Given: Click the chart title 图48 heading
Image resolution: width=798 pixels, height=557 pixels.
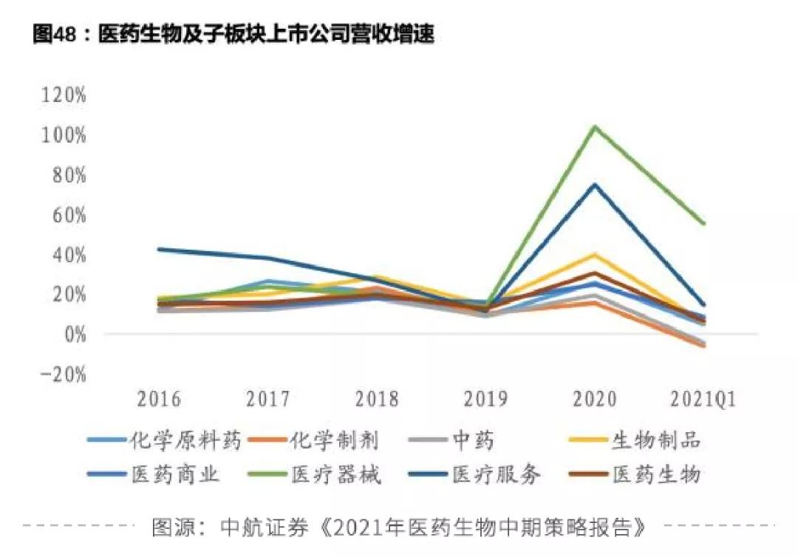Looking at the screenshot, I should pyautogui.click(x=233, y=35).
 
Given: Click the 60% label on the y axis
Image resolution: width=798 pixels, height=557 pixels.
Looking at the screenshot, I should pyautogui.click(x=68, y=215).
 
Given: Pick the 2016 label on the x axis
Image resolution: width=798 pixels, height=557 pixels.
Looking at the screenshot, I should pyautogui.click(x=159, y=399).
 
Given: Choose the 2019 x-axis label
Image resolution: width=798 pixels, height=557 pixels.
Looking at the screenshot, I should pyautogui.click(x=485, y=399).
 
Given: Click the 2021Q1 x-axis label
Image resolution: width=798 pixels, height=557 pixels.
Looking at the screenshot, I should pyautogui.click(x=703, y=399).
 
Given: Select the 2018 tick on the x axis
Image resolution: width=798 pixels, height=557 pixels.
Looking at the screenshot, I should pyautogui.click(x=376, y=399).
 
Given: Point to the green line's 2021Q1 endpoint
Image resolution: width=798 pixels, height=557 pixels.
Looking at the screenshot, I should pyautogui.click(x=703, y=224).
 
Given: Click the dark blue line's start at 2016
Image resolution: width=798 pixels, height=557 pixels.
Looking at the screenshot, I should pyautogui.click(x=159, y=249).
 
